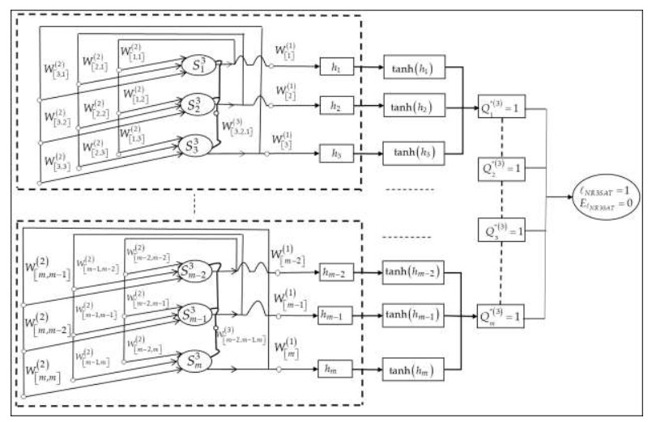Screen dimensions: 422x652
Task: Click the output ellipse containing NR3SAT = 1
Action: pyautogui.click(x=604, y=196)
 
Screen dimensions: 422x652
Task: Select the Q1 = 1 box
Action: pyautogui.click(x=502, y=108)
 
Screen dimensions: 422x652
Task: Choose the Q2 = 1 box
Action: pyautogui.click(x=502, y=169)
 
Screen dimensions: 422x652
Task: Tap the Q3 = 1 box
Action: pyautogui.click(x=502, y=231)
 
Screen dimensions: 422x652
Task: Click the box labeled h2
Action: pyautogui.click(x=337, y=108)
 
